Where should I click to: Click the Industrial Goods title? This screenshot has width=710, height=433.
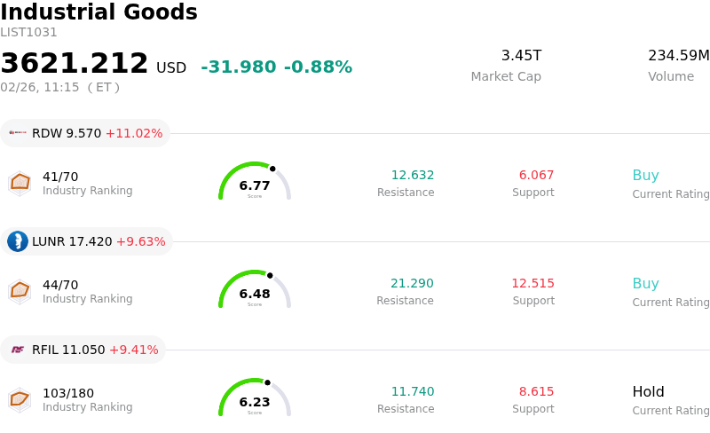[99, 13]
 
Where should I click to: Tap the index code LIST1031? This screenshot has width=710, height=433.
[28, 33]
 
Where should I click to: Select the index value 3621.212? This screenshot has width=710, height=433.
[75, 64]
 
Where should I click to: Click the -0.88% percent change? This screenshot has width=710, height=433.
[318, 67]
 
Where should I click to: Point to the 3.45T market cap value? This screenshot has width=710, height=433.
[521, 56]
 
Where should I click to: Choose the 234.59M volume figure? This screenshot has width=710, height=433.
[678, 56]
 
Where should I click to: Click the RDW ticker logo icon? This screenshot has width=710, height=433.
[18, 133]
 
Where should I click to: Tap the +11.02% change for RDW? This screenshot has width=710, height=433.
[134, 134]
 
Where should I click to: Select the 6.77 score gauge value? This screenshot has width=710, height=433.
[255, 185]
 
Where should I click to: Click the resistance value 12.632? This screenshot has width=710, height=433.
[413, 176]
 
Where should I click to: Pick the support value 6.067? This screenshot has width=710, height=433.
[536, 176]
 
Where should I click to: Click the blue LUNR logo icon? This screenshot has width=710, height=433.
[18, 241]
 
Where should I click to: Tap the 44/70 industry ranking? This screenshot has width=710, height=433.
[60, 285]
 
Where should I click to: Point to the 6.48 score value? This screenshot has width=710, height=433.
[255, 294]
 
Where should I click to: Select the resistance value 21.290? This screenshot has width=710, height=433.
[412, 284]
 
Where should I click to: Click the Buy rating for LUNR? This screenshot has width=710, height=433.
[645, 284]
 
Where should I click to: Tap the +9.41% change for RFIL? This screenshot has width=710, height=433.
[133, 350]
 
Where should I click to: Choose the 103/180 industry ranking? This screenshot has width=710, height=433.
[68, 393]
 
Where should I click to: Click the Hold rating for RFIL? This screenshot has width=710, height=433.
[648, 392]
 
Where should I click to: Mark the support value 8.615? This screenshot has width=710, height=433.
[536, 392]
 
